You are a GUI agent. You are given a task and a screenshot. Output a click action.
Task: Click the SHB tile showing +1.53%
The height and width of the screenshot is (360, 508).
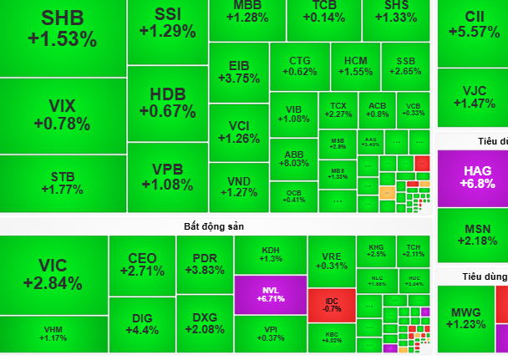[x=62, y=29]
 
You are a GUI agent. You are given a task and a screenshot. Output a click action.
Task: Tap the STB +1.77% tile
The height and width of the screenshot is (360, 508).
[x=62, y=182]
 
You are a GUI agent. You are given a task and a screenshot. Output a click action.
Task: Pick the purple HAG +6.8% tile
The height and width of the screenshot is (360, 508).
[x=471, y=177]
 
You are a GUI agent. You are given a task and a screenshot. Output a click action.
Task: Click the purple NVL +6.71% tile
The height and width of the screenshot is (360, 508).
[x=270, y=295]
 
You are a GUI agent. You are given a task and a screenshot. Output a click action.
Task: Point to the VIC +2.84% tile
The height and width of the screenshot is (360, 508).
[x=53, y=274]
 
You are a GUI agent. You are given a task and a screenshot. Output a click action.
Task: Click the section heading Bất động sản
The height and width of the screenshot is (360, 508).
[x=214, y=226]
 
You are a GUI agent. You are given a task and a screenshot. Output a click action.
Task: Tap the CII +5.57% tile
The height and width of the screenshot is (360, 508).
[x=473, y=25]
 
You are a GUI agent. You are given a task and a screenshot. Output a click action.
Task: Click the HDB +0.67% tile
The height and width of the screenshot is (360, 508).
[x=167, y=102]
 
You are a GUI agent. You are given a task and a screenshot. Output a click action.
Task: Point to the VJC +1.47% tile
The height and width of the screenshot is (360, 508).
[x=473, y=95]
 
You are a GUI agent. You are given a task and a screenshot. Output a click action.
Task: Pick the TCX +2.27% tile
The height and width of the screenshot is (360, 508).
[x=338, y=109]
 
